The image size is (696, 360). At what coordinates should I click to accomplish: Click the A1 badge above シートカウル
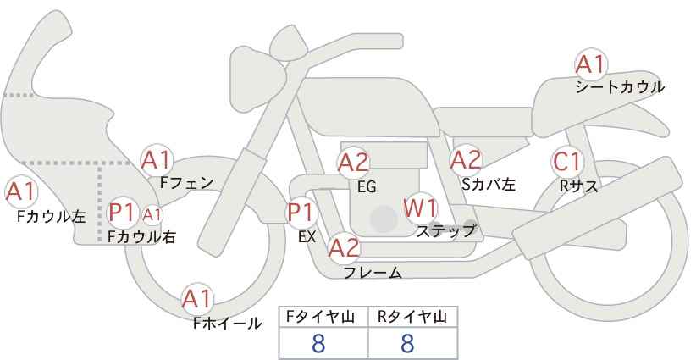590,64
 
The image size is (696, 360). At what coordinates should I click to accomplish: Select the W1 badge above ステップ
420,208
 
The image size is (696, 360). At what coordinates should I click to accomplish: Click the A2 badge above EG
354,162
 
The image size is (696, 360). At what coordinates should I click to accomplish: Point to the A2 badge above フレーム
345,248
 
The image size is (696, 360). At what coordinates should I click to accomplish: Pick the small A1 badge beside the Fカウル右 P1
152,214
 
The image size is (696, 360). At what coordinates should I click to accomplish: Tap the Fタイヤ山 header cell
323,317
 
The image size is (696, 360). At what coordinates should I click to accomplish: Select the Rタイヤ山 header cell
412,317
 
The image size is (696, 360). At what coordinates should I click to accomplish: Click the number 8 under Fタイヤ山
319,343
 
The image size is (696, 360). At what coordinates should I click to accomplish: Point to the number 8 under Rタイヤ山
407,343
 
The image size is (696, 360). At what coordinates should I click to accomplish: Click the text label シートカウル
620,87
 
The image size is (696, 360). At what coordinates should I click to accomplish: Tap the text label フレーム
373,272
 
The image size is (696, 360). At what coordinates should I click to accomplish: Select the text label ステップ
445,230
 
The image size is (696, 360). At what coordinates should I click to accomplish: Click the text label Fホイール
227,323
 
